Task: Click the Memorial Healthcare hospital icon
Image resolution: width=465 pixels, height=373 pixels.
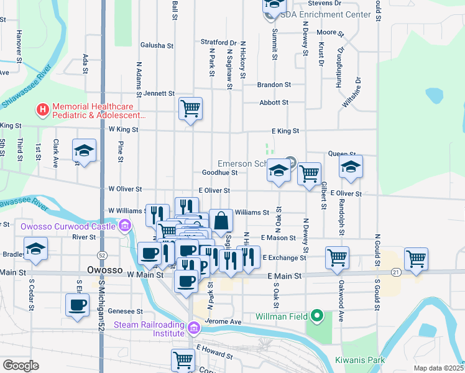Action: click(42, 111)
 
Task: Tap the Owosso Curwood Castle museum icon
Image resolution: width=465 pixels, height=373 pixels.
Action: click(126, 225)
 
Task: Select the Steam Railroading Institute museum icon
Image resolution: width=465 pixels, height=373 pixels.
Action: click(194, 327)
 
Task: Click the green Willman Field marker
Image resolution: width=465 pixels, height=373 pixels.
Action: click(318, 316)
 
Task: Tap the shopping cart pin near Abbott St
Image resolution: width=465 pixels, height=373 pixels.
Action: click(190, 109)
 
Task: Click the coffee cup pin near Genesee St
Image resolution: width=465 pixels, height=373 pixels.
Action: click(77, 305)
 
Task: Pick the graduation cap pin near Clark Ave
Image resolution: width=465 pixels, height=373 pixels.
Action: click(84, 150)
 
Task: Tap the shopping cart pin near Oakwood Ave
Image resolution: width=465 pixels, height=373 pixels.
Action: click(336, 257)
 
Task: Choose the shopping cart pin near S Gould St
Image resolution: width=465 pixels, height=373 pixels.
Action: click(416, 259)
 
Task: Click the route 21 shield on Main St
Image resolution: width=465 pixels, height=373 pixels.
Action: click(395, 272)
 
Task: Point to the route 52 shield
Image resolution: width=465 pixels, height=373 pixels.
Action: click(101, 256)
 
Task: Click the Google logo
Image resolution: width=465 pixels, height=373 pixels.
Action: click(21, 366)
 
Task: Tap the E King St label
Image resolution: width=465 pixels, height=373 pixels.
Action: click(285, 131)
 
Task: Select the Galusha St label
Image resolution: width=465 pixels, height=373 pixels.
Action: click(157, 45)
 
